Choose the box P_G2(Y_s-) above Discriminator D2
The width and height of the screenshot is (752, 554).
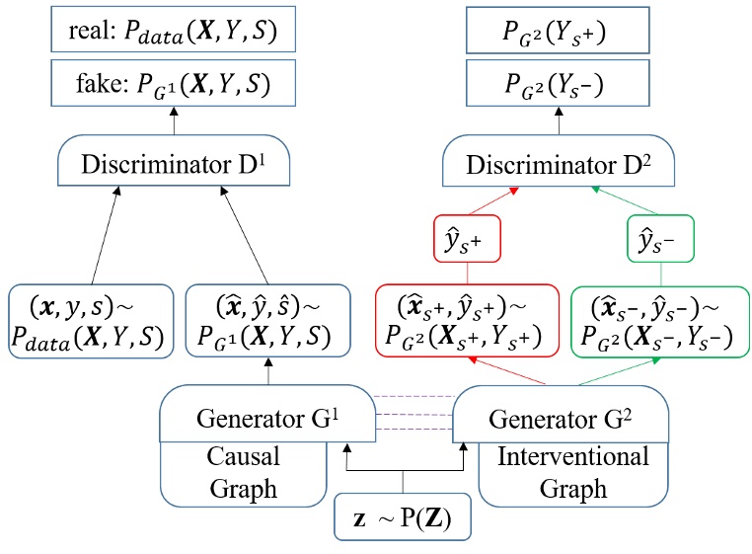point(558,86)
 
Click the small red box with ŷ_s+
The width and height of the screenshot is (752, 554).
point(470,239)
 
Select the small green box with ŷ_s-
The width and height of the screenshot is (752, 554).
point(660,239)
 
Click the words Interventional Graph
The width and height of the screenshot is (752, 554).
point(573,472)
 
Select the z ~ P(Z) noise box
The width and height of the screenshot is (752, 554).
point(404,515)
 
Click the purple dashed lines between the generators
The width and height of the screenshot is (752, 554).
point(412,413)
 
